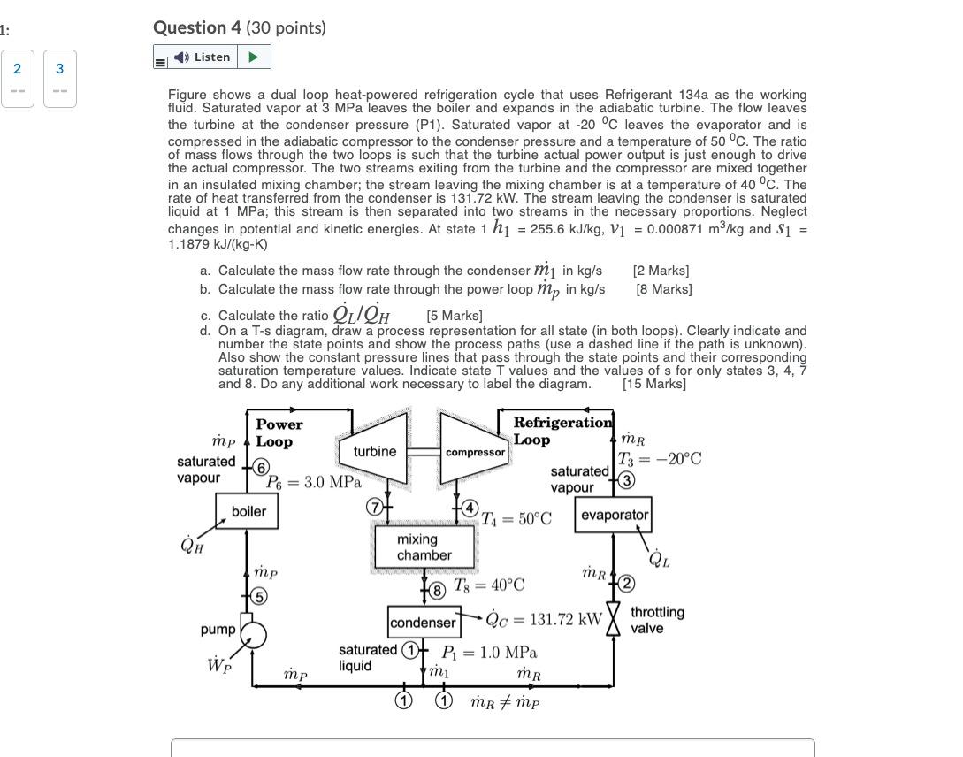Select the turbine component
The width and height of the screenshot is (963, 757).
point(375,451)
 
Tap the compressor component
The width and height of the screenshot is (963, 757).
point(474,451)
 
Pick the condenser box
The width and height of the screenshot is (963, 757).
point(423,623)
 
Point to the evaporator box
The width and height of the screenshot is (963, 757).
point(614,515)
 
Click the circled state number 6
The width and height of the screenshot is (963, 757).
point(261,467)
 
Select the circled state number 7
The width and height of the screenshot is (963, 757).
point(375,507)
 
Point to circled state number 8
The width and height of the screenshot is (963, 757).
point(437,588)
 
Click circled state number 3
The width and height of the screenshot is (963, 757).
point(626,480)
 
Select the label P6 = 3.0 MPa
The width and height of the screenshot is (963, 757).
point(314,483)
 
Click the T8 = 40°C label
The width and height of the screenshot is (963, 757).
point(489,585)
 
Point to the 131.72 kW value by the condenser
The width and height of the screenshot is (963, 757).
point(565,618)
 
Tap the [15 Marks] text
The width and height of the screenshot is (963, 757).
point(654,384)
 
